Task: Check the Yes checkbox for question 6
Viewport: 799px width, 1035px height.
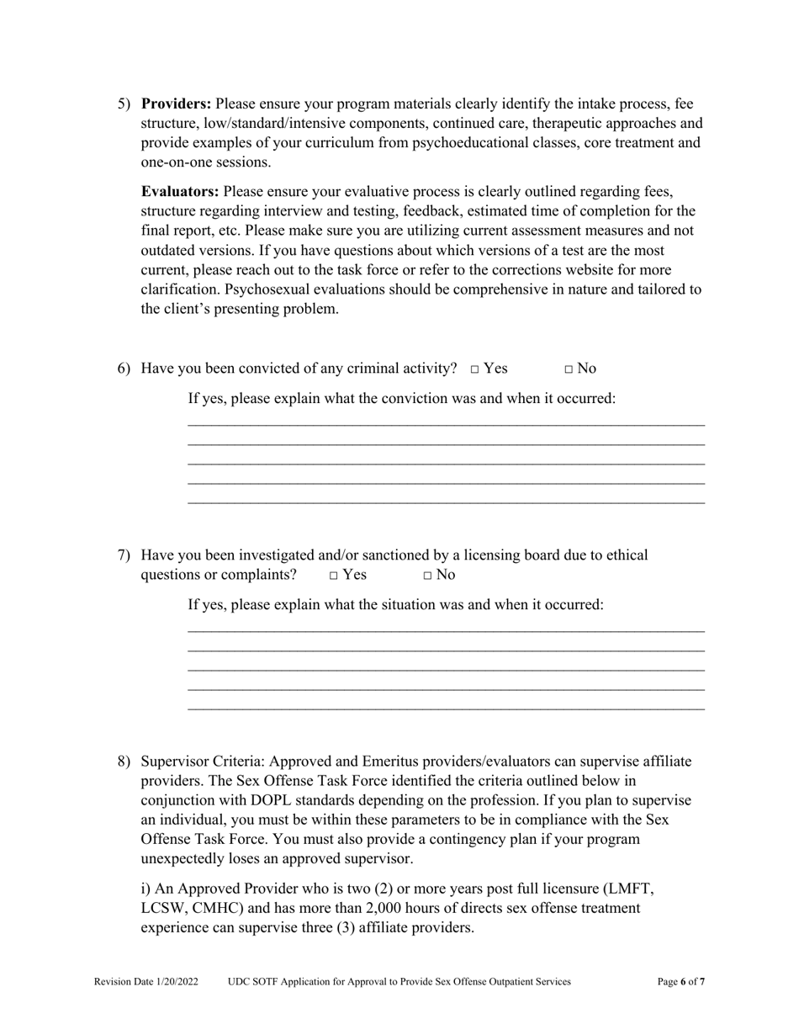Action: click(x=475, y=369)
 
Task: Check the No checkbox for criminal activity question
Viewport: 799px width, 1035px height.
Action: click(x=569, y=369)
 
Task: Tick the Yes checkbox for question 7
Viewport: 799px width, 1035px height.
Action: click(x=334, y=576)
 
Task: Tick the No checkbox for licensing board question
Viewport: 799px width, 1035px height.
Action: click(x=428, y=576)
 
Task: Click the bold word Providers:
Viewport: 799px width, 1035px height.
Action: click(x=176, y=104)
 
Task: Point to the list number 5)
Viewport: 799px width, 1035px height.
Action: click(x=124, y=104)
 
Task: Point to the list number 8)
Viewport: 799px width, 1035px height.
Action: click(x=124, y=762)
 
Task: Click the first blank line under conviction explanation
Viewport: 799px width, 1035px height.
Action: click(x=446, y=424)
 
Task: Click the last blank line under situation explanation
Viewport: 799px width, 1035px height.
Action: click(x=446, y=709)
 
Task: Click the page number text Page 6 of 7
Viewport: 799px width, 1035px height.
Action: click(x=680, y=982)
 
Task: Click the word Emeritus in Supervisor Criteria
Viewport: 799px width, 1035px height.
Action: click(x=394, y=762)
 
